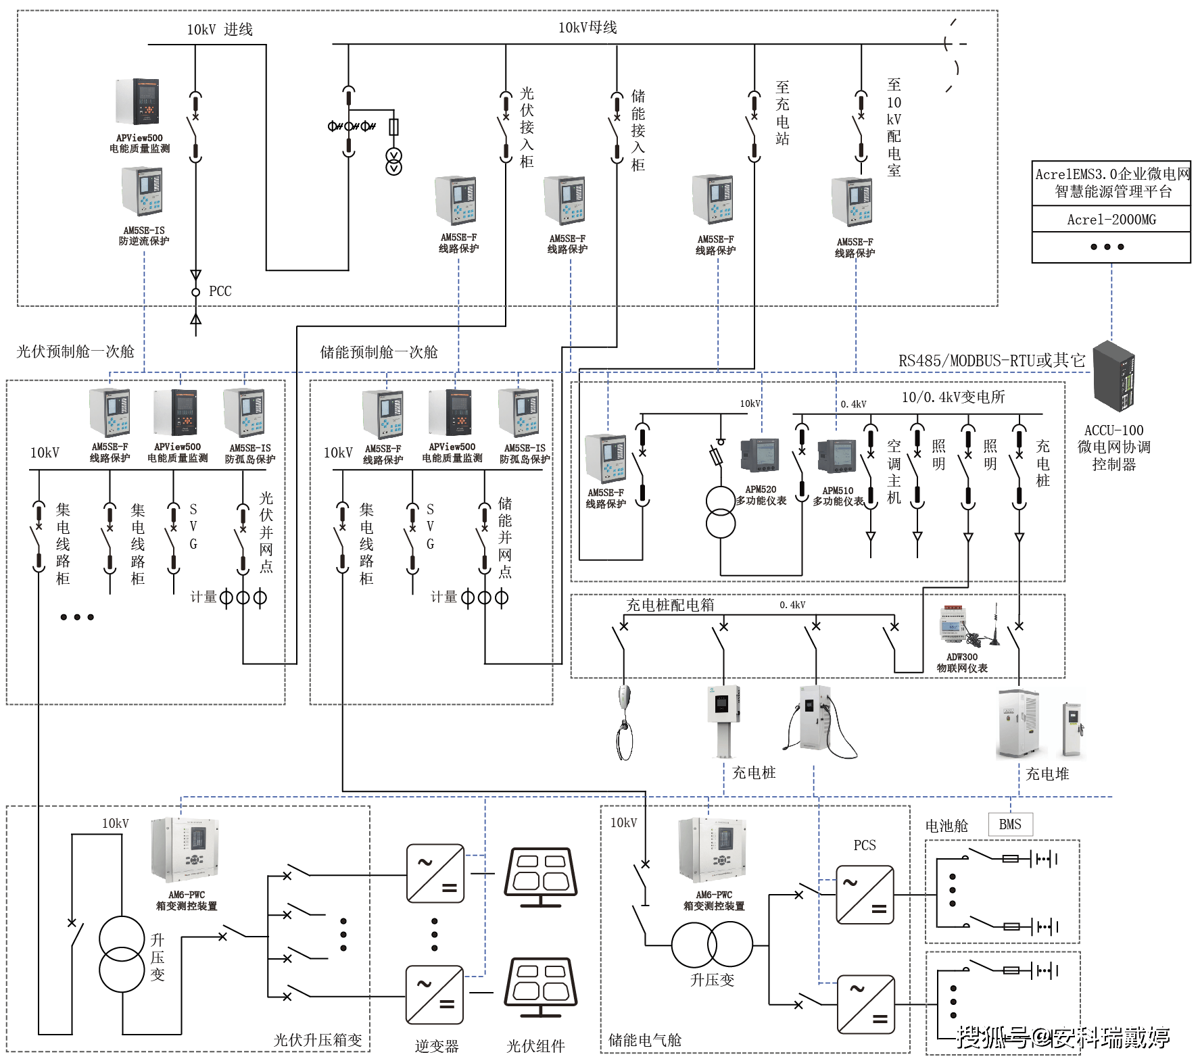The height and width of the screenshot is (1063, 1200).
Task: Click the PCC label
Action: [220, 291]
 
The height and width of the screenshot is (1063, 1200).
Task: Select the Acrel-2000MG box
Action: [1111, 220]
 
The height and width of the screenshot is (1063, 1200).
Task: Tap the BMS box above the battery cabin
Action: [1010, 824]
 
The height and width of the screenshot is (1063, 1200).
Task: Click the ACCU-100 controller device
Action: [1113, 376]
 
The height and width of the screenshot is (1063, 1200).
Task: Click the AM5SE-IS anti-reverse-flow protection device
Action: [143, 191]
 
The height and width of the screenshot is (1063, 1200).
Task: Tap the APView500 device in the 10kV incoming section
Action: [139, 102]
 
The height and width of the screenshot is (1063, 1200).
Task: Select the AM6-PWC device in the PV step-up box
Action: [185, 850]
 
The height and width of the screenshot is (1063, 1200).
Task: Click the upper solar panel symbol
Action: [541, 876]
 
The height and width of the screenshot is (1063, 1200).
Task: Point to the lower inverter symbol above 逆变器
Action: [435, 995]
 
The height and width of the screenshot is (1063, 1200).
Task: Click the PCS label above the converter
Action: [864, 845]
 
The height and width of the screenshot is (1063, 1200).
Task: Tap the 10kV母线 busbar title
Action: [587, 28]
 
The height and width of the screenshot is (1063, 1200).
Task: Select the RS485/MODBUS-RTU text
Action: [991, 361]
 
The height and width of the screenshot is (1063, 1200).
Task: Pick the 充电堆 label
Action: [1047, 774]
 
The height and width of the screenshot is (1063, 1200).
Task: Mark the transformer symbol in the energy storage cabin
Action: [712, 945]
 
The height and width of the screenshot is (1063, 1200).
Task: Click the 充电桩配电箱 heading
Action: [669, 605]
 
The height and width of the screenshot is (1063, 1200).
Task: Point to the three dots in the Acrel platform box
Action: [1107, 247]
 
